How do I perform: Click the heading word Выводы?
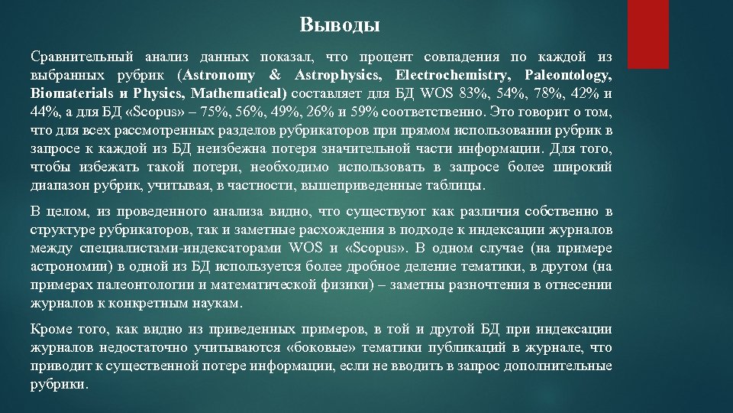point(339,25)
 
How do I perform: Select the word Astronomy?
point(218,76)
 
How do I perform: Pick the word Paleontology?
point(569,76)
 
